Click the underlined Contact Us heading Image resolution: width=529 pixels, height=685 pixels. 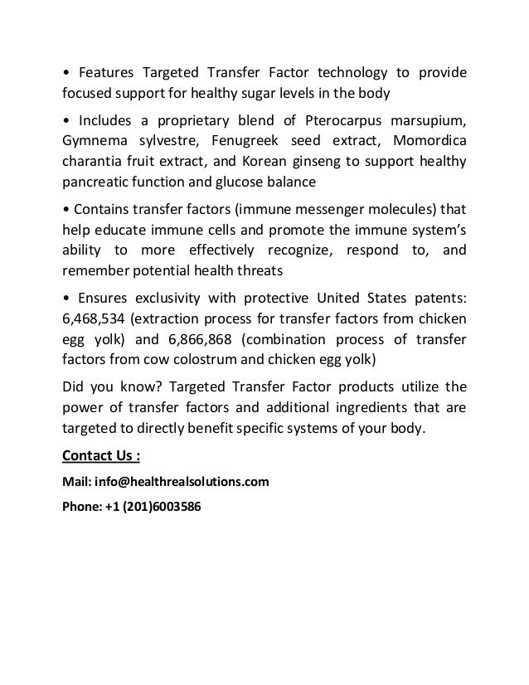[x=101, y=455]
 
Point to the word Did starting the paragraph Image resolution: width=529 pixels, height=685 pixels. [x=75, y=385]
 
